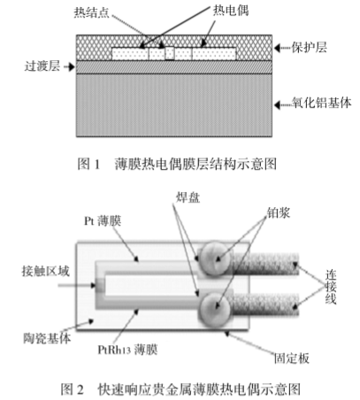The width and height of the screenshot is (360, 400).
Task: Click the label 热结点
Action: coord(92,12)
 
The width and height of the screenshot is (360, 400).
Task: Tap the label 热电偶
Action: coord(231,11)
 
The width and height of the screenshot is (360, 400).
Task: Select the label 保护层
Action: coord(310,47)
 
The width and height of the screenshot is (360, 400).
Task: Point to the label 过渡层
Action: coord(42,66)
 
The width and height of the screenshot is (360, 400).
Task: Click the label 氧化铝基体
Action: coord(322,103)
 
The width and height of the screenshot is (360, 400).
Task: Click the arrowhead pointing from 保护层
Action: coord(278,48)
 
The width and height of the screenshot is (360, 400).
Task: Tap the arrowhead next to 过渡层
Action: coord(71,67)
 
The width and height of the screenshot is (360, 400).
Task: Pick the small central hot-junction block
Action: coord(169,53)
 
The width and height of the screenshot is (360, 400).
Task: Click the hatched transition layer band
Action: coord(174,67)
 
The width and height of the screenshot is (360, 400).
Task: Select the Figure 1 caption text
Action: coord(177,164)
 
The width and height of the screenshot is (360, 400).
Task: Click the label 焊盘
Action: coord(188,197)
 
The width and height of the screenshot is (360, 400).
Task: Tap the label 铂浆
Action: coord(279,212)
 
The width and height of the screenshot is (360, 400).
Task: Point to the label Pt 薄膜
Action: coord(103,221)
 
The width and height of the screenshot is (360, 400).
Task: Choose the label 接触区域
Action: coord(46,271)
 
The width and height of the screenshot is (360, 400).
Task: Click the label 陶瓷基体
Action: coord(47,338)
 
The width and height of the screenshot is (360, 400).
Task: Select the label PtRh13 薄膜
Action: coord(127,350)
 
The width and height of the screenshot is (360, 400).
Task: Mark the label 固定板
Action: coord(292,358)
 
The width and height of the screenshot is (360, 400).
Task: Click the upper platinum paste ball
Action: coord(214,258)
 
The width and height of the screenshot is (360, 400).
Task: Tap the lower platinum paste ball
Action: coord(214,309)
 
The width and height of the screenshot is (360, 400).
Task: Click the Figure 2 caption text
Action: coord(180,389)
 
